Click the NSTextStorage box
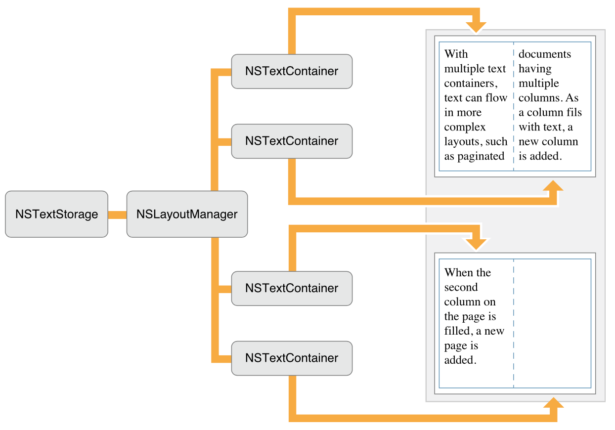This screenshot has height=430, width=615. click(x=56, y=214)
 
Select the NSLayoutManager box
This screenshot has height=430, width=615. click(x=187, y=214)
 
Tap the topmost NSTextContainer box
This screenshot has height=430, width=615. click(x=292, y=71)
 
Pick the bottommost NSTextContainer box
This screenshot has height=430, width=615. click(x=292, y=358)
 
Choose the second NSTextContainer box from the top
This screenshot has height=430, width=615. click(x=292, y=141)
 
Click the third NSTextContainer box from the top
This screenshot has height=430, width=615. click(x=292, y=288)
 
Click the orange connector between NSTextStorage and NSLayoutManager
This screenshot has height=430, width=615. click(x=117, y=215)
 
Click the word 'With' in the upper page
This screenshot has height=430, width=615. click(x=456, y=54)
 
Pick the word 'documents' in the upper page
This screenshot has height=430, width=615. click(x=545, y=54)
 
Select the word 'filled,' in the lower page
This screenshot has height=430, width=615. click(x=458, y=331)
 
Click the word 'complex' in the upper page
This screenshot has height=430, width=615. click(x=465, y=127)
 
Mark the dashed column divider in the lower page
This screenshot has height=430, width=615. click(x=514, y=346)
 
